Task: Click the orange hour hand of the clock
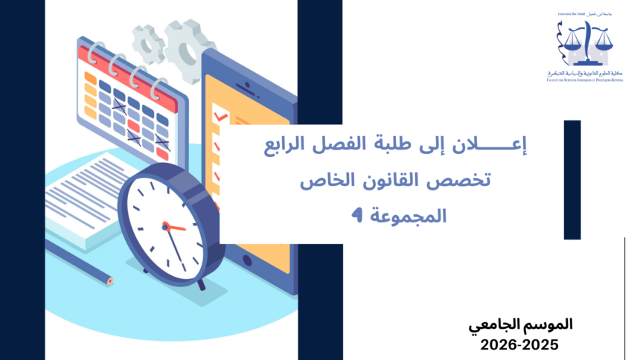point(176,227)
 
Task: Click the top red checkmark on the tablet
point(220,116)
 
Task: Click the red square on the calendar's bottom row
point(162,153)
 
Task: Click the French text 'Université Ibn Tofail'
point(572,13)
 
